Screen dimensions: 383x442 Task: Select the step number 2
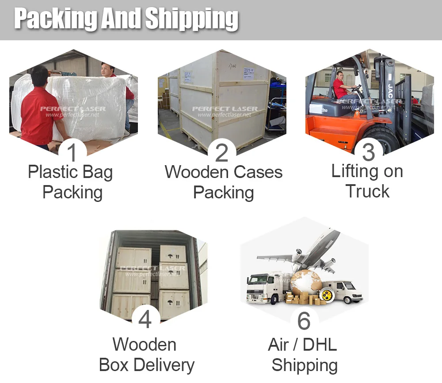(222, 152)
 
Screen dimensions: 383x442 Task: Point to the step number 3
(368, 152)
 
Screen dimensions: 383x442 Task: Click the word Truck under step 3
(368, 191)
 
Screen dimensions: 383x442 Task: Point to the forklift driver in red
(341, 86)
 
